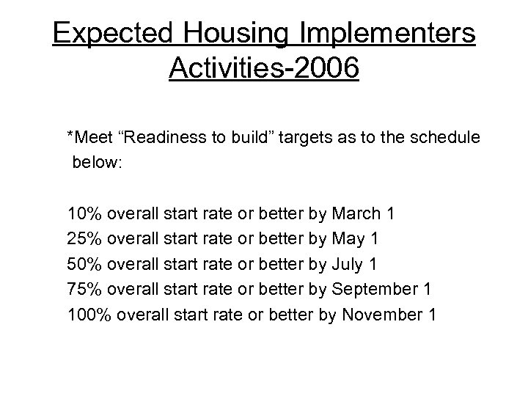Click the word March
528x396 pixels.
pyautogui.click(x=356, y=214)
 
